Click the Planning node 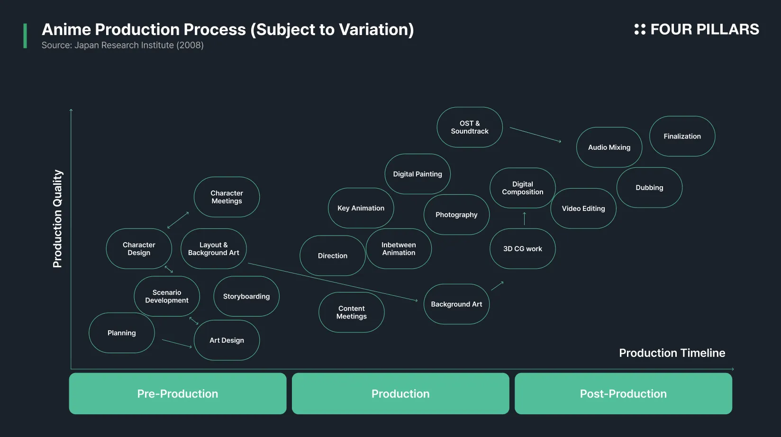coord(122,333)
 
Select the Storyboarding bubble coord(246,296)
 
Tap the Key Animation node coord(361,208)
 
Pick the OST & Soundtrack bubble coord(470,127)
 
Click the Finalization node coord(682,136)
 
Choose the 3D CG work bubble coord(523,249)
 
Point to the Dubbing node coord(649,187)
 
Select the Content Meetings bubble coord(352,312)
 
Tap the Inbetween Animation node coord(399,249)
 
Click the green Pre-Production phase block coord(178,393)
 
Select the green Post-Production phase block coord(623,393)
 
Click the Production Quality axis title coord(57,218)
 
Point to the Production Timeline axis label coord(672,353)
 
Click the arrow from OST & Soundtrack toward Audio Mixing coord(536,135)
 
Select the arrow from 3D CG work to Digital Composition coord(525,218)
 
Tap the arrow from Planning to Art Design coord(177,344)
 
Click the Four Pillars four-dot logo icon coord(640,29)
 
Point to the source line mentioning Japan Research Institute coord(122,46)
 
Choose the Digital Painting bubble coord(418,173)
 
